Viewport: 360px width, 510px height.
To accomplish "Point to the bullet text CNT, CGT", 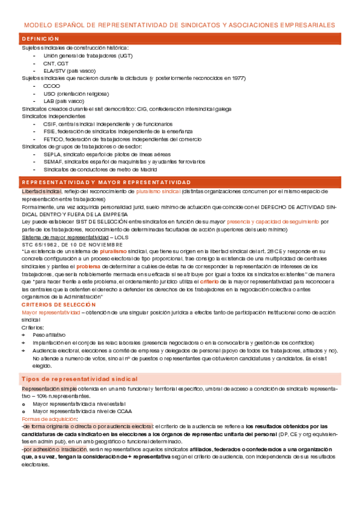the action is click(55, 63).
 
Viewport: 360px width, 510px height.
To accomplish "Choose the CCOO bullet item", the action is click(52, 86).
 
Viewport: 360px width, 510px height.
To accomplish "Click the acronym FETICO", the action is click(52, 139).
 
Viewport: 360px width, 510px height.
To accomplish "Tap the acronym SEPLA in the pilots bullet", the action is click(52, 154).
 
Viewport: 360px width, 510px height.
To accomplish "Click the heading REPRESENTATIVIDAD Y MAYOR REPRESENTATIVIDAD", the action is click(106, 182).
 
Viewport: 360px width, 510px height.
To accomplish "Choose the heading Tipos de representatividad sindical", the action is click(79, 379).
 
